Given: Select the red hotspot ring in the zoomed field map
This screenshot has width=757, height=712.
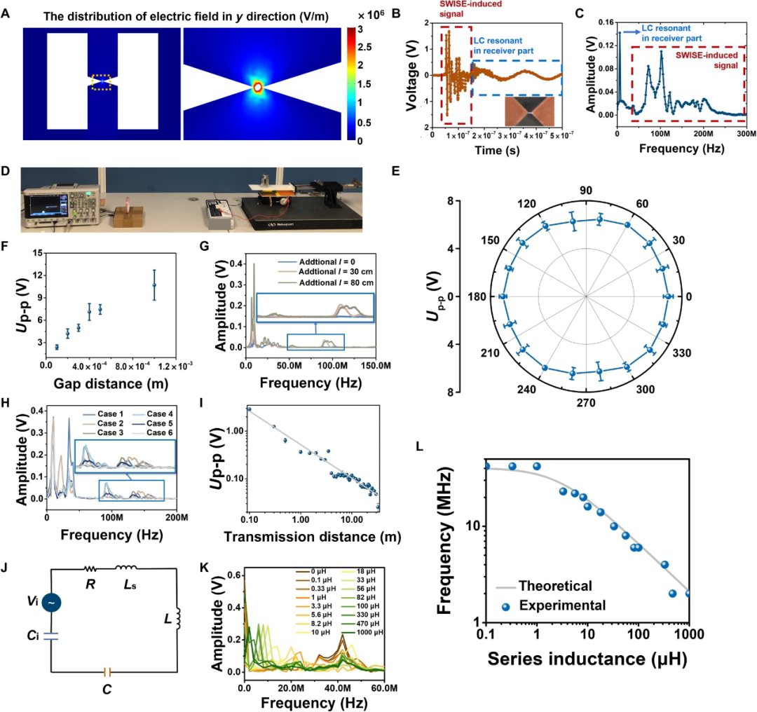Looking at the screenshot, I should tap(258, 87).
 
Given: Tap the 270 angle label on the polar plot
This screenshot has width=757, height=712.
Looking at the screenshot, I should tap(586, 403).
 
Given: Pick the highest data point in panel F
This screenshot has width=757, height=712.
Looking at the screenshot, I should tap(154, 285).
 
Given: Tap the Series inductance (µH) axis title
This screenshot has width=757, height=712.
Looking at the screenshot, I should tap(586, 659).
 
